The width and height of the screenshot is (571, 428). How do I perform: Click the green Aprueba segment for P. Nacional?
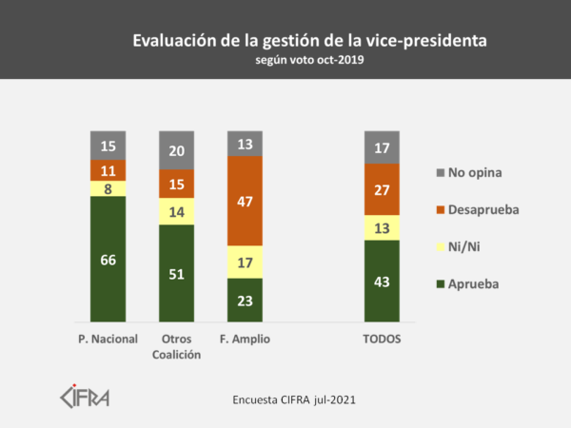coord(108,259)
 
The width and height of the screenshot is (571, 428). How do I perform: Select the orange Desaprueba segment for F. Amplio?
coord(245,200)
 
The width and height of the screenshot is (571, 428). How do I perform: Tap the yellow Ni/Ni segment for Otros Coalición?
coord(176,211)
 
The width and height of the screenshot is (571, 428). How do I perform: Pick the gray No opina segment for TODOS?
coord(382,146)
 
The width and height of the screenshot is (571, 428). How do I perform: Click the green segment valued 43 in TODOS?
coord(382,281)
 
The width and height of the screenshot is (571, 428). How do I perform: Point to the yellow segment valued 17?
coord(245,262)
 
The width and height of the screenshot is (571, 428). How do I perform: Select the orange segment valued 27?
coord(382,188)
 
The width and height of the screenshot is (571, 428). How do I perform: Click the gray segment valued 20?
coord(176,150)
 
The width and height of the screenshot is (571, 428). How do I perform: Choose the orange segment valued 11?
coord(108,170)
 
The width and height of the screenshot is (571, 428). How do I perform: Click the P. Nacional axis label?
coord(108,339)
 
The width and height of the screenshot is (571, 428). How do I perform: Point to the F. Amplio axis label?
coord(245,339)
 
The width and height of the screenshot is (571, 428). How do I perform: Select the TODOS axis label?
coord(382,339)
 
